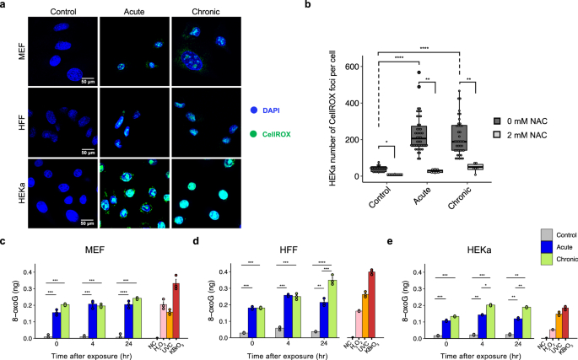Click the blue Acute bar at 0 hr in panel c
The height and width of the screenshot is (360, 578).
click(56, 325)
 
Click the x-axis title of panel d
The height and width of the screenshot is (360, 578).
click(279, 355)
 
